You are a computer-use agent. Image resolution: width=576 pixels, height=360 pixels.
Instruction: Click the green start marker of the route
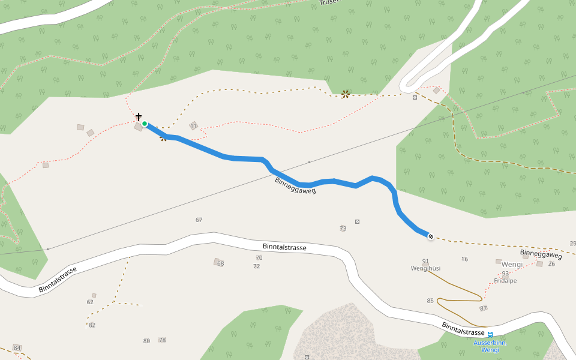(x=145, y=124)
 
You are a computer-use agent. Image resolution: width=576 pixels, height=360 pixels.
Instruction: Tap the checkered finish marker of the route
(x=431, y=236)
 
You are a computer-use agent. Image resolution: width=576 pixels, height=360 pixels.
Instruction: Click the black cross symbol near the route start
(x=139, y=116)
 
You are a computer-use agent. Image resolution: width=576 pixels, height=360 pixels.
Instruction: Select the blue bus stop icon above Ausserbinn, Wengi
(x=490, y=335)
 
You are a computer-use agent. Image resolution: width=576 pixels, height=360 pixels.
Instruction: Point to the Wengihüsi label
(x=426, y=268)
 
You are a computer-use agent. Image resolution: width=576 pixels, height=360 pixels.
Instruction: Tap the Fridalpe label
(x=505, y=280)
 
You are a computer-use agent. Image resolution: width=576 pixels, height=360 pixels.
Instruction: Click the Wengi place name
(x=512, y=265)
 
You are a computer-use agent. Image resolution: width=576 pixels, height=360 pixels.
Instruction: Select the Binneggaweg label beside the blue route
(x=295, y=185)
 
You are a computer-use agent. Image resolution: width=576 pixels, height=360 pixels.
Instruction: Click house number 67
(x=199, y=220)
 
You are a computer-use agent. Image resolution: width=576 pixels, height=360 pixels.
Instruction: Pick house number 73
(x=343, y=229)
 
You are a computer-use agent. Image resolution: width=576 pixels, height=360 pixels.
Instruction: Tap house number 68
(x=220, y=263)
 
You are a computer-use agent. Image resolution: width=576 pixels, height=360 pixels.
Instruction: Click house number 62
(x=90, y=302)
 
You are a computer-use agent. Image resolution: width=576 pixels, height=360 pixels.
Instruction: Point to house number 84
(x=17, y=348)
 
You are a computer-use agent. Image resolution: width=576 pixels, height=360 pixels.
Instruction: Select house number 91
(x=426, y=261)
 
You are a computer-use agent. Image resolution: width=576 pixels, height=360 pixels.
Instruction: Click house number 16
(x=464, y=259)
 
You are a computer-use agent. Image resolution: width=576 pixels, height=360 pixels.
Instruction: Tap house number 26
(x=551, y=264)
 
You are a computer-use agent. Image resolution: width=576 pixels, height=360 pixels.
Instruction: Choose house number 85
(x=430, y=301)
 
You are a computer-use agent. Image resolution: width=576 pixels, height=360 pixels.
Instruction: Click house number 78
(x=162, y=340)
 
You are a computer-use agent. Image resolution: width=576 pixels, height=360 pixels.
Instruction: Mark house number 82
(x=92, y=325)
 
